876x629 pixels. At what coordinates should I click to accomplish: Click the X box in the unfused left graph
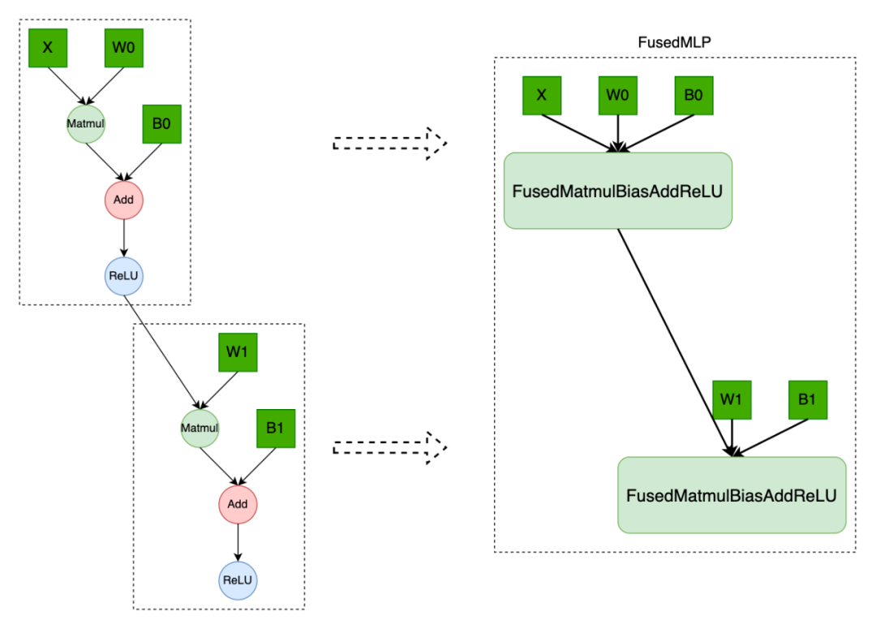(x=48, y=48)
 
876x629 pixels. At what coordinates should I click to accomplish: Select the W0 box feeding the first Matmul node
(x=124, y=48)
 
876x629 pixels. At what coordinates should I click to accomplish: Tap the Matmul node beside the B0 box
(x=86, y=124)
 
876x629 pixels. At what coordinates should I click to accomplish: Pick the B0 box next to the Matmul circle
(x=162, y=124)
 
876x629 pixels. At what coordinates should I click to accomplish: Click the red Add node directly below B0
(x=124, y=200)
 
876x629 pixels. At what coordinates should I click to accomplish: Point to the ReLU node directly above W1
(x=124, y=276)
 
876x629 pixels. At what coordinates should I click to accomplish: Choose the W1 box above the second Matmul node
(x=238, y=352)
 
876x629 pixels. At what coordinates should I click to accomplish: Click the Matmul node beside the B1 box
(x=200, y=428)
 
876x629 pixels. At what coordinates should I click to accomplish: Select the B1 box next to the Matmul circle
(x=276, y=428)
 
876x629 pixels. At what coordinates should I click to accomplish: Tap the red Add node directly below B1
(x=238, y=504)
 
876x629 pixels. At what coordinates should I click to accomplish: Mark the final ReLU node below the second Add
(x=238, y=580)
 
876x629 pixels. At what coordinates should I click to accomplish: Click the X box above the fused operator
(x=542, y=95)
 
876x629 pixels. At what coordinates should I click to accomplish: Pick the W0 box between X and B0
(x=618, y=95)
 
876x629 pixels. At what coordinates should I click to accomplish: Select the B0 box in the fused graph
(x=693, y=95)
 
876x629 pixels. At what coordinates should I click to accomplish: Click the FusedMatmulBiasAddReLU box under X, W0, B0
(x=618, y=191)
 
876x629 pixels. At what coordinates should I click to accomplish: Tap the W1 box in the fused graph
(x=732, y=399)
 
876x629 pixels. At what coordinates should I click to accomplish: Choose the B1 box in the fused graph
(x=808, y=399)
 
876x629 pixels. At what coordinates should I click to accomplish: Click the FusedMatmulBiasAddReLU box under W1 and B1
(x=732, y=495)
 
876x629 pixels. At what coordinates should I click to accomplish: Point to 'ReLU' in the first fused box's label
(x=702, y=192)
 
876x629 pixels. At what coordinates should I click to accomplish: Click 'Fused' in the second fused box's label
(x=650, y=496)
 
